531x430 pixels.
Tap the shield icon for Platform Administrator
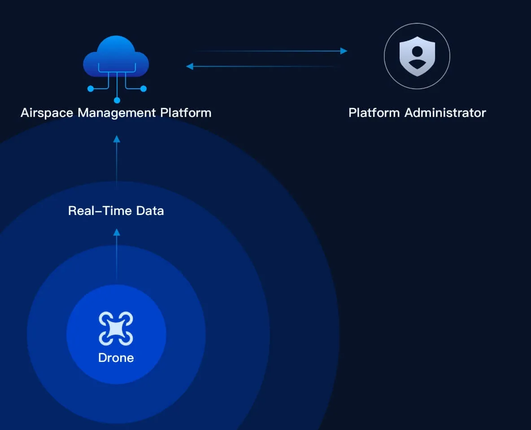coord(417,56)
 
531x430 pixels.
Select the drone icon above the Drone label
coord(116,328)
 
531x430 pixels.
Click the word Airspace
coord(47,113)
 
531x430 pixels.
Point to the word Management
coord(117,113)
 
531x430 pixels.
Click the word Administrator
coord(445,113)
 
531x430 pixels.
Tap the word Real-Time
coord(100,211)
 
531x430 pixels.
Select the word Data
coord(150,211)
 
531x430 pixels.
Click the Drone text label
coord(116,357)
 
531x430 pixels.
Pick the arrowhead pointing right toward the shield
coord(344,51)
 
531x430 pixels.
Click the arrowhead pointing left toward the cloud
coord(190,66)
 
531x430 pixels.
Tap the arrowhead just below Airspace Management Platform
coord(117,139)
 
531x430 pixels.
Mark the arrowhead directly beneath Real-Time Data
coord(117,232)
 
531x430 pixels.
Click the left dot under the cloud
coord(91,89)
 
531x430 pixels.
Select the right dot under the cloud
coord(143,89)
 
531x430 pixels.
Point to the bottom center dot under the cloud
coord(117,100)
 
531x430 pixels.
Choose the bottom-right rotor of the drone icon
coord(126,338)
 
